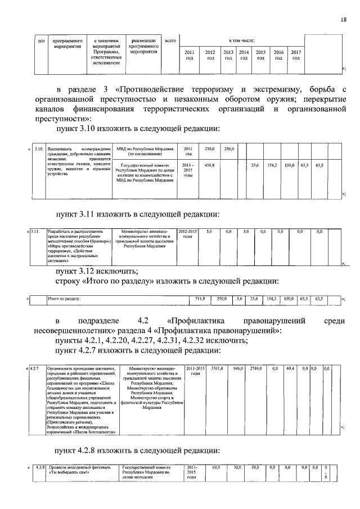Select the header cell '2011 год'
190,55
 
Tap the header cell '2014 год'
244,55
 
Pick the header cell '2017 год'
296,55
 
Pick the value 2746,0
256,368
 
